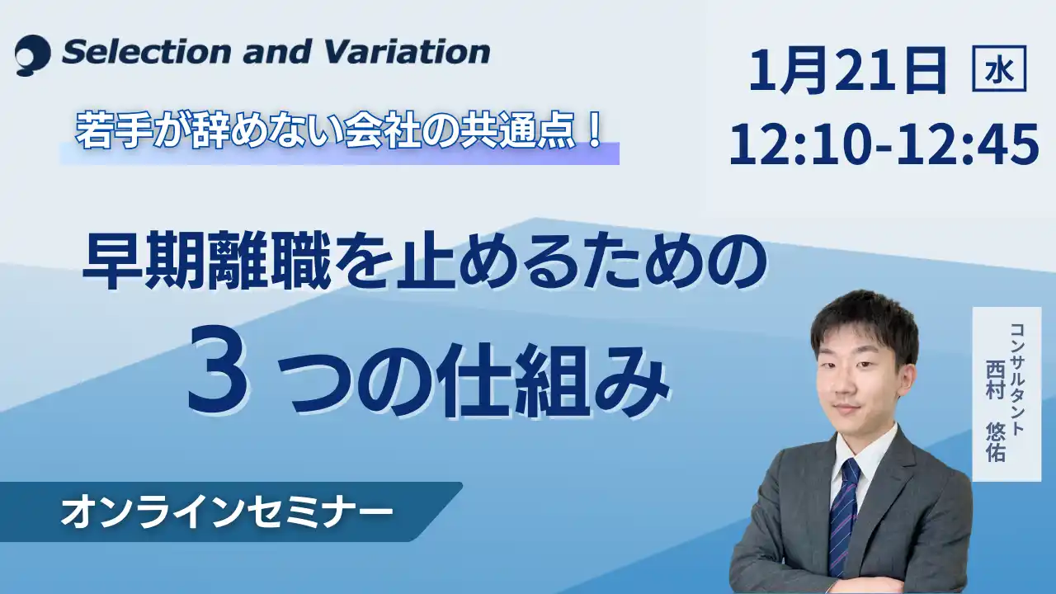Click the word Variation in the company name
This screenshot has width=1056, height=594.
tap(408, 52)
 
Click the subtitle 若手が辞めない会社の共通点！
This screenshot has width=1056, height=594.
tap(338, 132)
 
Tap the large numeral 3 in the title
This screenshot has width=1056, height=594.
tap(218, 382)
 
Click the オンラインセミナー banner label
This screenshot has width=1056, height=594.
tap(226, 513)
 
